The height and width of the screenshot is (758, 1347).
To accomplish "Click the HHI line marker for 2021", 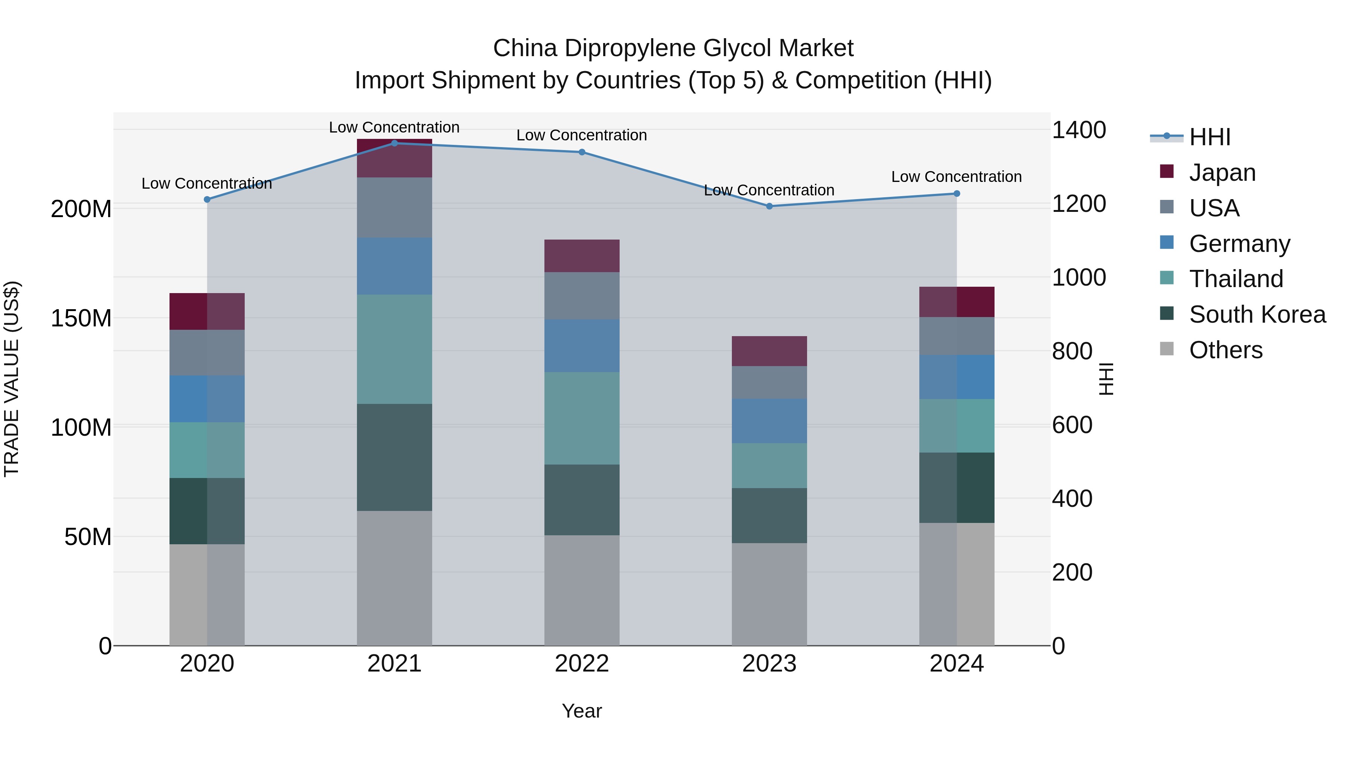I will coord(394,143).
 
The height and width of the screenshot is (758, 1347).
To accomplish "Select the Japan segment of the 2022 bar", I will coord(581,256).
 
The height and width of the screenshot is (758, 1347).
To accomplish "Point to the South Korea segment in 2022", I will coord(581,500).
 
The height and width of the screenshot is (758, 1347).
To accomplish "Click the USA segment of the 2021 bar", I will coord(394,208).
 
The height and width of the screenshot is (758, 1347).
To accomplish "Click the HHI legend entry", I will coord(1209,137).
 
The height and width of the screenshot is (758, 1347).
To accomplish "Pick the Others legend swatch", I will coord(1167,349).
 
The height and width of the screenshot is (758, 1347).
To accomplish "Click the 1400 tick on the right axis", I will coord(1078,130).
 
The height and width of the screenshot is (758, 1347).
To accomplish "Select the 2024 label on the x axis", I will coord(956,664).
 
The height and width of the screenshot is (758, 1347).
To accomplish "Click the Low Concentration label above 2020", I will coord(207,184).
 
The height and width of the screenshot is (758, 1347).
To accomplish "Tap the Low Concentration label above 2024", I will coord(956,177).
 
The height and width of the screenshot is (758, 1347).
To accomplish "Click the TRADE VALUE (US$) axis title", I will coord(12,379).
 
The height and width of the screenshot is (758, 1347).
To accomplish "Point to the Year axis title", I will coord(581,711).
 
